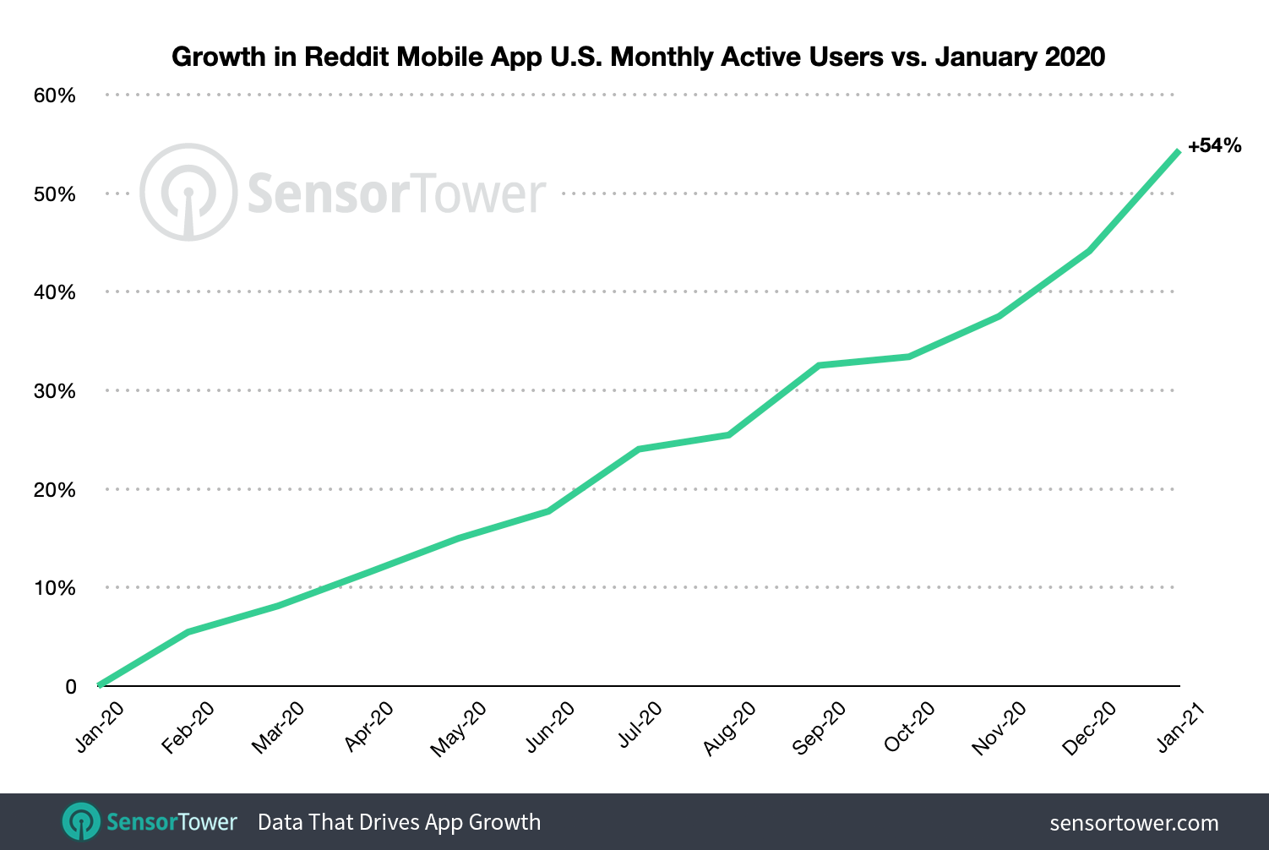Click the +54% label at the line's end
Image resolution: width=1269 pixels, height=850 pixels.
click(x=1214, y=146)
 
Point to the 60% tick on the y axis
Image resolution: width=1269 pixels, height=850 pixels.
click(x=55, y=95)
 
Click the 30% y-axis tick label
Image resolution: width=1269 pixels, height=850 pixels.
click(x=55, y=391)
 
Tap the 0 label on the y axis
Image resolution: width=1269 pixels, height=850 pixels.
click(x=71, y=687)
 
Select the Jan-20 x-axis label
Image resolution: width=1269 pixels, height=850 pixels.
click(x=101, y=727)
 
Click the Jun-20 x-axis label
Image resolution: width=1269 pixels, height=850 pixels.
click(x=551, y=727)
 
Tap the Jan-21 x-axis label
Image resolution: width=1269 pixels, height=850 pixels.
click(x=1180, y=727)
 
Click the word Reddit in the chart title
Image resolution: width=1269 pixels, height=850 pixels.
click(x=347, y=57)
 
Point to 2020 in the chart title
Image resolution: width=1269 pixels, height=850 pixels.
click(x=1075, y=57)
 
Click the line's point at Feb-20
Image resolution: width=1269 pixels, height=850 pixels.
click(x=188, y=631)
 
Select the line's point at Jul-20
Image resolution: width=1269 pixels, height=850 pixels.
click(x=639, y=449)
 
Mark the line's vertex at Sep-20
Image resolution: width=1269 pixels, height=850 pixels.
click(x=819, y=365)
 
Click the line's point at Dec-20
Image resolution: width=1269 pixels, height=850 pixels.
click(x=1089, y=250)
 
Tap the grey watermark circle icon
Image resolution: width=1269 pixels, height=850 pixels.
click(x=188, y=193)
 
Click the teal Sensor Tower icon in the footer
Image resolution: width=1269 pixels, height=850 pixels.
click(x=82, y=822)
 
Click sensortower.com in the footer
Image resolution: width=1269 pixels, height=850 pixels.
click(x=1134, y=823)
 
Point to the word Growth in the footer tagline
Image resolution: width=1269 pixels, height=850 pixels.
click(x=504, y=822)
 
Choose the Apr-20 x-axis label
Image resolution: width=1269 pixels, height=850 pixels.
click(x=370, y=727)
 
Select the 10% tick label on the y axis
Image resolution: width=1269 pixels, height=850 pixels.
click(x=55, y=588)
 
